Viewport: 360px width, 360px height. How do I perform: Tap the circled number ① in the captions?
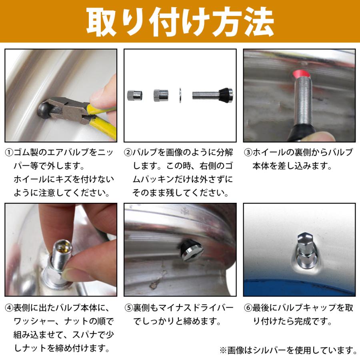pyautogui.click(x=9, y=153)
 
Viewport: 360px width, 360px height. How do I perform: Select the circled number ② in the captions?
pyautogui.click(x=128, y=153)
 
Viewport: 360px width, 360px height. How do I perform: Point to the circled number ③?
pyautogui.click(x=248, y=153)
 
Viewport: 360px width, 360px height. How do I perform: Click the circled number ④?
pyautogui.click(x=9, y=308)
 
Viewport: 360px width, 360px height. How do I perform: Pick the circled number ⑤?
pyautogui.click(x=128, y=308)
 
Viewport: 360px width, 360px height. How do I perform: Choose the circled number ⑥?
pyautogui.click(x=248, y=308)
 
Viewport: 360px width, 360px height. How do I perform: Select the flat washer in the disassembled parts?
pyautogui.click(x=180, y=96)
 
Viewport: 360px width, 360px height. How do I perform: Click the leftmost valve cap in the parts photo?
pyautogui.click(x=132, y=96)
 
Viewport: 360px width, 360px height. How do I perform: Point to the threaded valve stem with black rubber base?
pyautogui.click(x=212, y=95)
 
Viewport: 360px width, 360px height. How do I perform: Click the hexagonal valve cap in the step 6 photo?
pyautogui.click(x=305, y=240)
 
